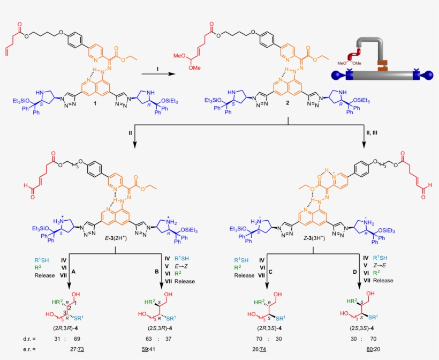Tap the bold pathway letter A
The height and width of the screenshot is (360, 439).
point(74,272)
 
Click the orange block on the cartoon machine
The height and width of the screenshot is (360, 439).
point(382,66)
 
